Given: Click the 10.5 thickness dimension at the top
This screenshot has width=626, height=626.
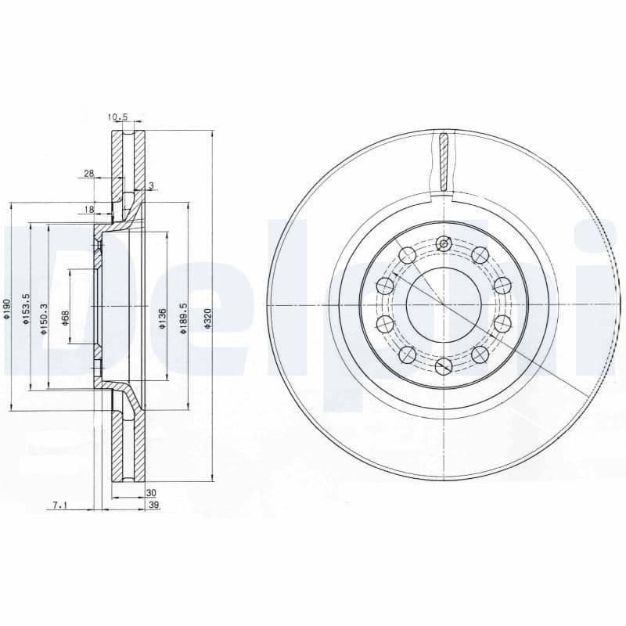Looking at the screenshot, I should [117, 117].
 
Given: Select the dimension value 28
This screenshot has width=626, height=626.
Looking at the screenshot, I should [88, 173].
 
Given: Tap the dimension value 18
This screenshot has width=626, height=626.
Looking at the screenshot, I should [88, 209].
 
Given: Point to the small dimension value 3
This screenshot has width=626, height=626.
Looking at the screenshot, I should [151, 185].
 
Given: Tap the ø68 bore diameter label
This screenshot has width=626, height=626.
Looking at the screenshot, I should [66, 318].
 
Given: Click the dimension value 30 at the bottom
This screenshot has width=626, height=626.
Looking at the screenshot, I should [152, 492].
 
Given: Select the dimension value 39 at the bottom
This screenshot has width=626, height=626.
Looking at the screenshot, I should [153, 506].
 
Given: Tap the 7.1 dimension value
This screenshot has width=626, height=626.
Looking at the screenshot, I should [59, 506].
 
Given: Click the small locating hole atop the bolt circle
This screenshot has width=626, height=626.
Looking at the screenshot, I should [444, 244].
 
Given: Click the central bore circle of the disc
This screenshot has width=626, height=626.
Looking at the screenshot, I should [443, 304].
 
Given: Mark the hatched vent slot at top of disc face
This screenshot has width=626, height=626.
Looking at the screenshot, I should [444, 162].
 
